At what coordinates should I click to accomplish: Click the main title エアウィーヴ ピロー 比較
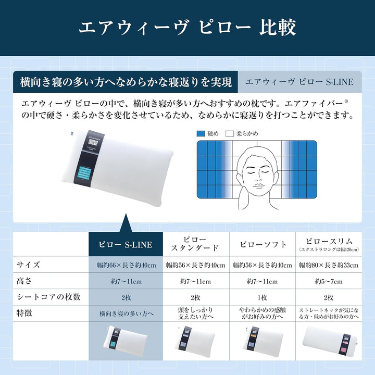point(187,28)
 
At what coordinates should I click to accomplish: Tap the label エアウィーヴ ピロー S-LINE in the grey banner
point(299,82)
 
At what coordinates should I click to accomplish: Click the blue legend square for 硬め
point(201,134)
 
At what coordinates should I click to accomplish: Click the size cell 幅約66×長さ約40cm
point(126,266)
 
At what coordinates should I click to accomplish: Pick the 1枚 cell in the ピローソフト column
point(262,298)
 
